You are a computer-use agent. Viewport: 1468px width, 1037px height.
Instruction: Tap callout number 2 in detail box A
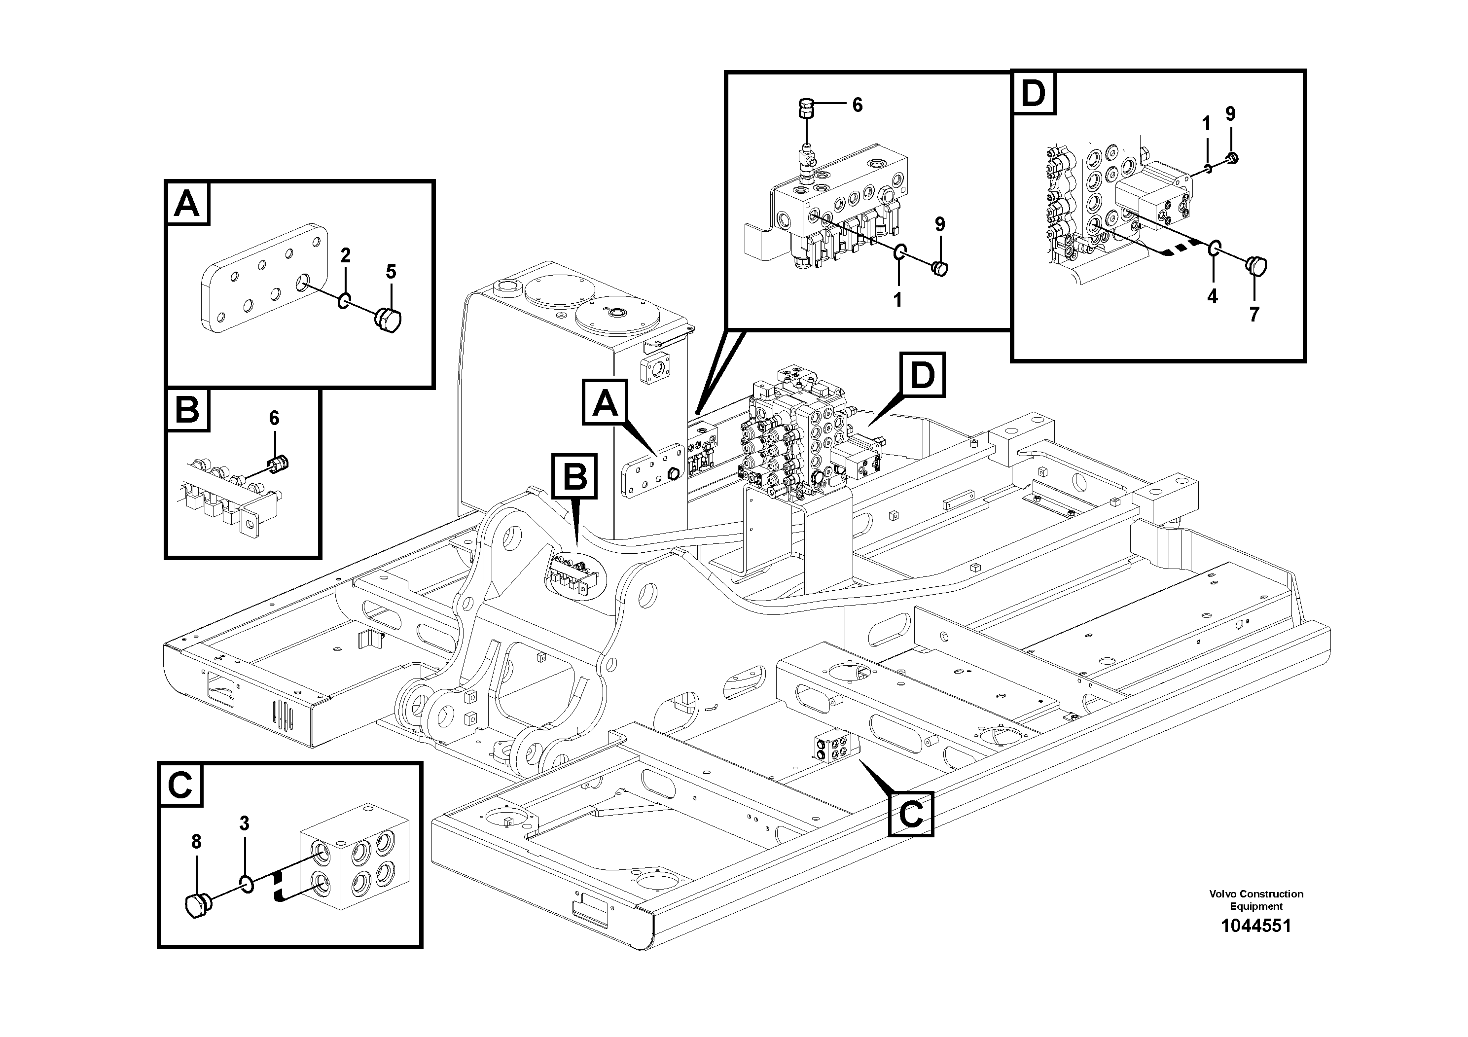(x=345, y=256)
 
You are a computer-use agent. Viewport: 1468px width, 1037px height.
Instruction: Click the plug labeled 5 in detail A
(x=388, y=320)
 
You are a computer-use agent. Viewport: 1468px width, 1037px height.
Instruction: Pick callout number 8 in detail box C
(x=196, y=842)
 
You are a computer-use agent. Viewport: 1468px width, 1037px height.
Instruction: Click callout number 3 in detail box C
(x=244, y=823)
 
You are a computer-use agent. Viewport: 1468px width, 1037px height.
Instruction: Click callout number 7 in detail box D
(x=1254, y=315)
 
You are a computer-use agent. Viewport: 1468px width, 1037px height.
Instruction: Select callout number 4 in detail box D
(x=1212, y=296)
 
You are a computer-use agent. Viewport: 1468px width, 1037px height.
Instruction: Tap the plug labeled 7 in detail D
(x=1256, y=265)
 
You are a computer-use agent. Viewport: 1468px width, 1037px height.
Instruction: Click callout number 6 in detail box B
(x=274, y=418)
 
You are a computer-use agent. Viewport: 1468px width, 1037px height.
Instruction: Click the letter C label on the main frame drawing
(x=910, y=814)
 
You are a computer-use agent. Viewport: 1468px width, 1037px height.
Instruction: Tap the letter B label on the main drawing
(x=574, y=476)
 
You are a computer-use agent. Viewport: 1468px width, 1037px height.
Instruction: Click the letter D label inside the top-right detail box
(x=1033, y=93)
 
